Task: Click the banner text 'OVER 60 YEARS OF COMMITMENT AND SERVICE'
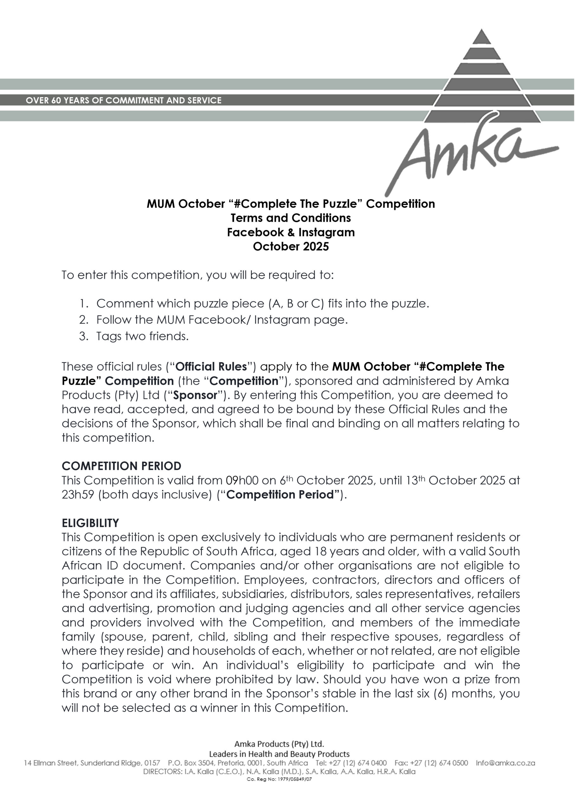[x=124, y=100]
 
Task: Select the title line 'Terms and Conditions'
[x=291, y=218]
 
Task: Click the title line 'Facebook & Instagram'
[x=291, y=232]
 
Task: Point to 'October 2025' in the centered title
[x=291, y=246]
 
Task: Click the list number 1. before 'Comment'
[x=84, y=304]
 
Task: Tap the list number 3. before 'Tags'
[x=84, y=336]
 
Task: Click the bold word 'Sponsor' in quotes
[x=195, y=395]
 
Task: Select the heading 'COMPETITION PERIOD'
[x=121, y=466]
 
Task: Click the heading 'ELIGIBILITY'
[x=90, y=523]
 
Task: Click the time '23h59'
[x=78, y=495]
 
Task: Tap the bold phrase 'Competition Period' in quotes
[x=281, y=495]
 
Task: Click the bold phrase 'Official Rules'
[x=211, y=367]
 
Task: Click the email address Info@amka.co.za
[x=505, y=763]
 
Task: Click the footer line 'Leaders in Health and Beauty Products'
[x=279, y=754]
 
